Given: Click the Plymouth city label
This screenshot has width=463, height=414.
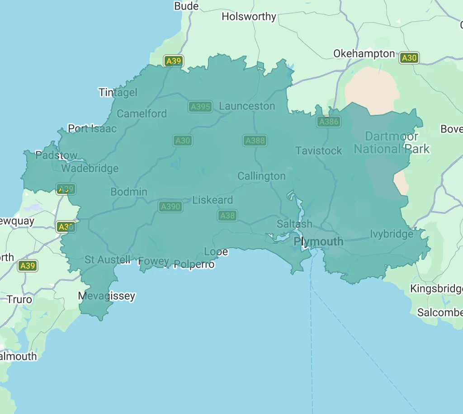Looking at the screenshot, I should tap(318, 242).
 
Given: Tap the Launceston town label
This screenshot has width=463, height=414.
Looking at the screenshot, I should tap(247, 106).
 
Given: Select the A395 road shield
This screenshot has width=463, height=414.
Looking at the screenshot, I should tap(200, 107).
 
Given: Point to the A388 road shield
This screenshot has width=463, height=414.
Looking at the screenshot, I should tap(255, 141).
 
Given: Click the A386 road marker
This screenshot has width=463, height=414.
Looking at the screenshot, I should tap(329, 121).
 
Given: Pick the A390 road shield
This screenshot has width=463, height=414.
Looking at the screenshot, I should tap(170, 207).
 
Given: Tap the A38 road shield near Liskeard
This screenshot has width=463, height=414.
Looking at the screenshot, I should tap(227, 216).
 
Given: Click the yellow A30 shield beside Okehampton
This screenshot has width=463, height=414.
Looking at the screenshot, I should tap(409, 58).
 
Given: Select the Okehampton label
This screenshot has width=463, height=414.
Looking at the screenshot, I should tap(364, 54).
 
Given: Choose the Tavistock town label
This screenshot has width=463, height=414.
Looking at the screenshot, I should tap(319, 151).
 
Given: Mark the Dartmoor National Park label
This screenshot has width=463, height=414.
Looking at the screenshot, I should tap(392, 142).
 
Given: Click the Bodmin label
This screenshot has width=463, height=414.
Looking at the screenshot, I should tap(129, 192).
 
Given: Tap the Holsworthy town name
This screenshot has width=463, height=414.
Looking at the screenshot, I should tap(249, 17).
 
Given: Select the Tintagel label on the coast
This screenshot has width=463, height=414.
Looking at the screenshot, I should tap(118, 92).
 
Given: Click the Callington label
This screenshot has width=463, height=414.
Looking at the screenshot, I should tap(261, 176).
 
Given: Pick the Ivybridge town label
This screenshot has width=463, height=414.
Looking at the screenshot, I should tap(392, 234).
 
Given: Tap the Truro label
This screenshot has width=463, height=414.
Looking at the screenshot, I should tap(19, 299).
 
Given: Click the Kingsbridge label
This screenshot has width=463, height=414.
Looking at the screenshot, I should tap(436, 288).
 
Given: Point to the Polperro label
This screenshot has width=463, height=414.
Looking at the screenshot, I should tap(194, 264).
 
